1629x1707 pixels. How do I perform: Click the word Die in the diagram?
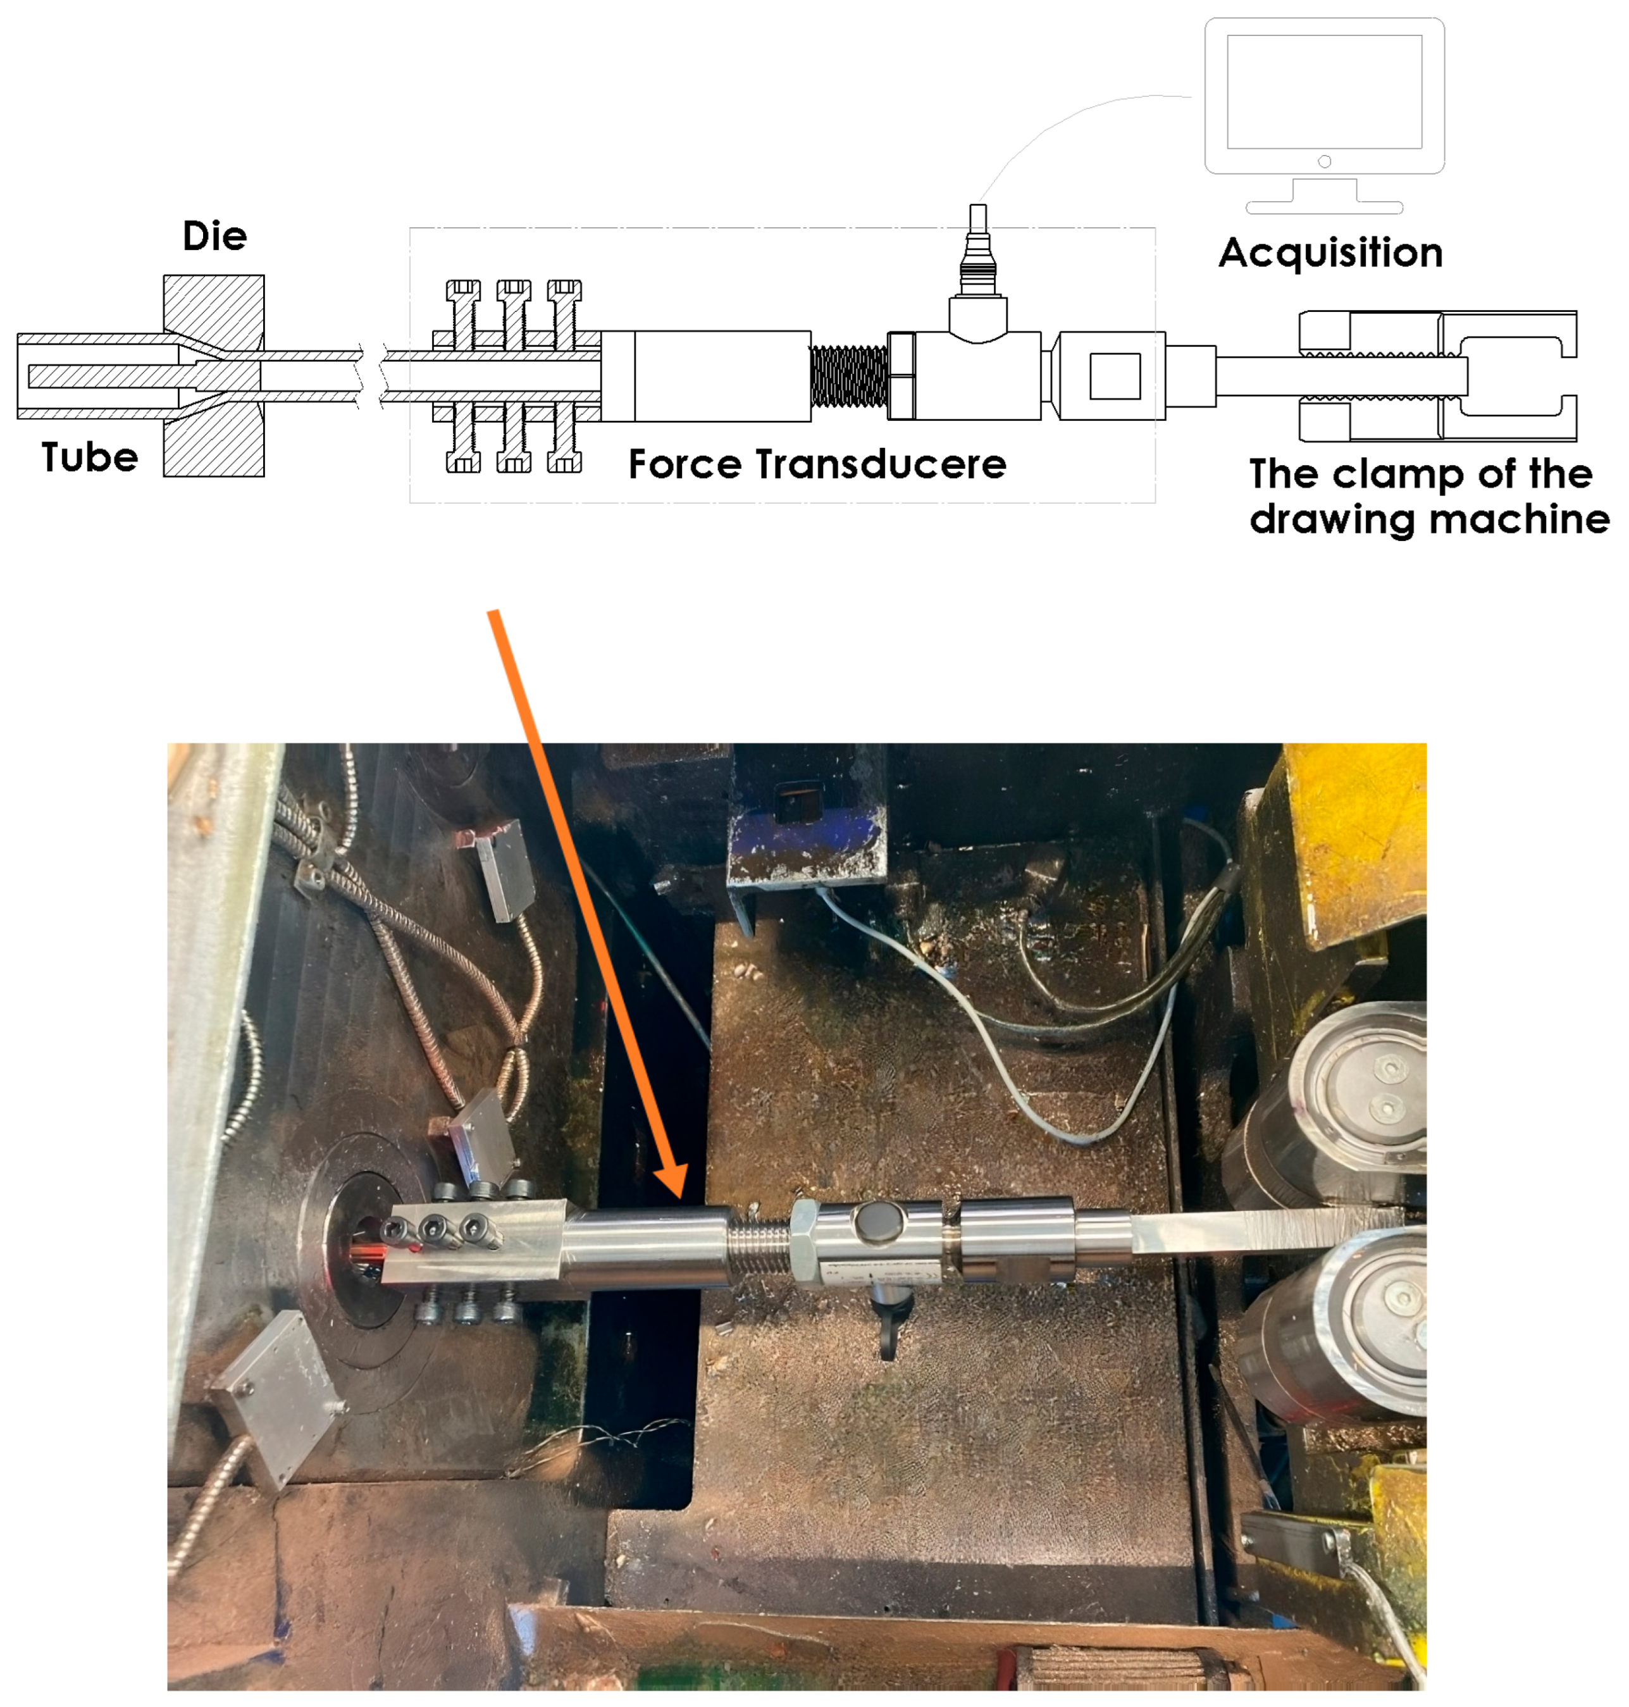coord(214,236)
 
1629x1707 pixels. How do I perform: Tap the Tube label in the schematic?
coord(89,457)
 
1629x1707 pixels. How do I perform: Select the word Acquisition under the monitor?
coord(1330,254)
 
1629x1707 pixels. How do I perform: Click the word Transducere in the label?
coord(881,464)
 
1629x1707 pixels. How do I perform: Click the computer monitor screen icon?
coord(1324,92)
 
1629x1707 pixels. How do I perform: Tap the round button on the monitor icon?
coord(1324,161)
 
